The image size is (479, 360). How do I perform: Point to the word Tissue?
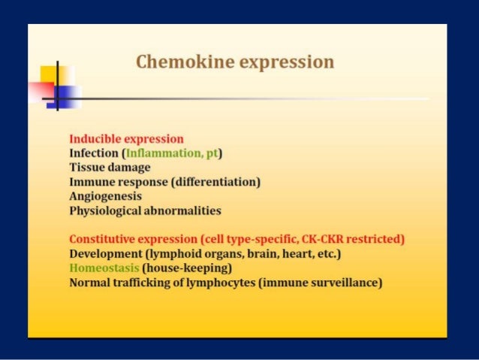click(88, 168)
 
